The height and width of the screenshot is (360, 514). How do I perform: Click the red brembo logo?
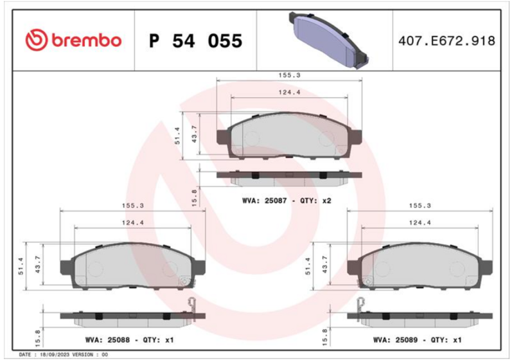73,40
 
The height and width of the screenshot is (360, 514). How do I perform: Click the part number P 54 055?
196,41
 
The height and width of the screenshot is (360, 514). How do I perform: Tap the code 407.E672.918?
447,41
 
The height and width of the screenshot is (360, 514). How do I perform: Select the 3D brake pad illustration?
328,40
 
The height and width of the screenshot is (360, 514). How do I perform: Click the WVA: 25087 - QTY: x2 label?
287,201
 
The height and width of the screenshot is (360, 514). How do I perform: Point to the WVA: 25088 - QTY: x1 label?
129,340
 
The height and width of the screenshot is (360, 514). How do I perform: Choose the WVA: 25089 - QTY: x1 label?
417,340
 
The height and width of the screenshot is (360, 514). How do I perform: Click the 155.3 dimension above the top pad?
290,75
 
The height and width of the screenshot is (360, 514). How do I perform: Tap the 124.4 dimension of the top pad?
290,93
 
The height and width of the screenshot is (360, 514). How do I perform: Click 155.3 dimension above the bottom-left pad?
133,206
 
